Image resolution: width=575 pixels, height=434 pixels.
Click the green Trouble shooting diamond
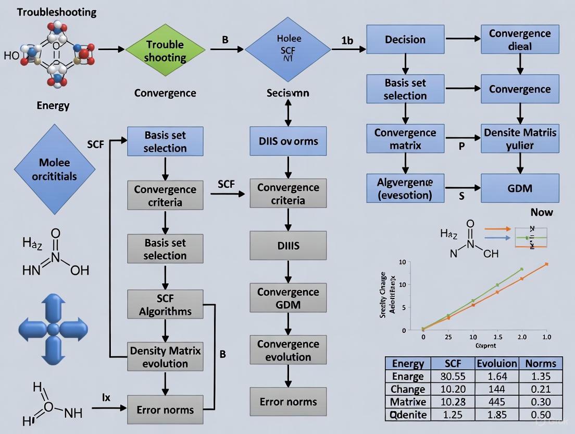[165, 51]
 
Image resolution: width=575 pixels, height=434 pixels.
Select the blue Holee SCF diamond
[287, 50]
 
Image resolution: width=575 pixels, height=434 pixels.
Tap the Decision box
[405, 40]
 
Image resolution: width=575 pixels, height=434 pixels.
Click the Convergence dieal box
[520, 40]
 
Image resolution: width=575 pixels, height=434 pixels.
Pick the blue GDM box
[520, 188]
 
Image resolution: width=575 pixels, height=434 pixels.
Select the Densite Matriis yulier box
[520, 139]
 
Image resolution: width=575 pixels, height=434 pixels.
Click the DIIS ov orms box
[288, 141]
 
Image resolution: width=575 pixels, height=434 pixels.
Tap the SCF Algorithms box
[165, 305]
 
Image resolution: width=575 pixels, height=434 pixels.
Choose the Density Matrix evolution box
[165, 357]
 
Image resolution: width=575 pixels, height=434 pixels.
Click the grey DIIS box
[288, 246]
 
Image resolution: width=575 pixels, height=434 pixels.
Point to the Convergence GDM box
[288, 298]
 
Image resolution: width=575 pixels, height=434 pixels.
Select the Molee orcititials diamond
[54, 169]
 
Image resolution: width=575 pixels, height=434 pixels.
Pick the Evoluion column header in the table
[497, 363]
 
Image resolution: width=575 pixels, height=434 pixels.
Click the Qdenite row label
[408, 415]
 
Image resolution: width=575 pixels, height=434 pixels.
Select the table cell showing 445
[497, 402]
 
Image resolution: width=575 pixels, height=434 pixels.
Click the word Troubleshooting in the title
[57, 12]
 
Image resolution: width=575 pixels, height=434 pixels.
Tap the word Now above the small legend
[542, 212]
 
